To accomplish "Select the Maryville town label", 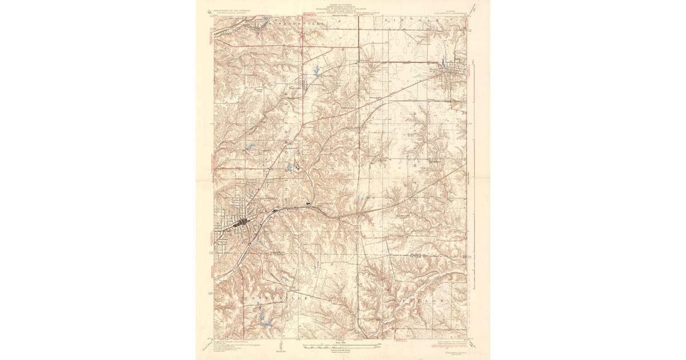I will [x=293, y=87].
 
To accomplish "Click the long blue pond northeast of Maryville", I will [x=316, y=72].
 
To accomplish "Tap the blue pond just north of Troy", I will [x=444, y=65].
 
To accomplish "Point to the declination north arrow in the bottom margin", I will [x=281, y=345].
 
